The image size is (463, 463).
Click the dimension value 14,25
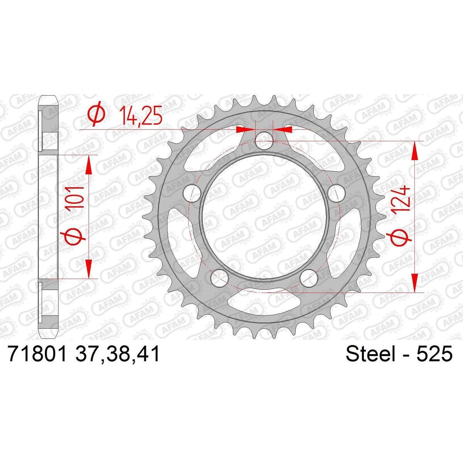click(141, 116)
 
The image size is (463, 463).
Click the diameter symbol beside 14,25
click(96, 116)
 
